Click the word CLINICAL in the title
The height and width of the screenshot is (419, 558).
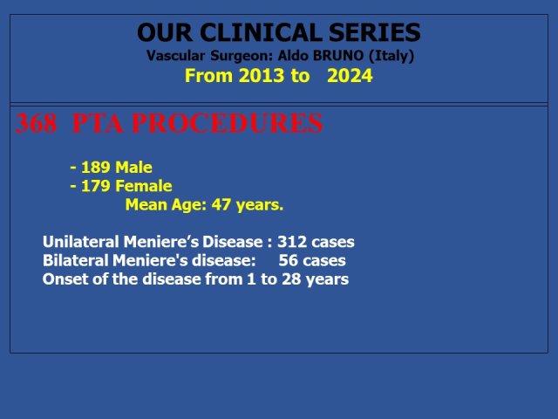pos(262,32)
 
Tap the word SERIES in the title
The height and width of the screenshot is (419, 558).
pos(375,32)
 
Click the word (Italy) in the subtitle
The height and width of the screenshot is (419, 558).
pos(391,56)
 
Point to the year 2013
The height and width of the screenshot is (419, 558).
pos(262,76)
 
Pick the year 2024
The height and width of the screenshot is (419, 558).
pos(350,76)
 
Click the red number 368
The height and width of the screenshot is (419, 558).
pos(36,123)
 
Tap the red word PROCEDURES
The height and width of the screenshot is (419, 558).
pos(227,123)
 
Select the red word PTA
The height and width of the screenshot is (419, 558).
pos(98,123)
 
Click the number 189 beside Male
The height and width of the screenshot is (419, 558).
pos(95,168)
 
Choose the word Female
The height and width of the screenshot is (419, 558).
pos(144,186)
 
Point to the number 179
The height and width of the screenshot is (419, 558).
pos(95,186)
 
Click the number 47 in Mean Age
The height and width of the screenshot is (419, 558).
pos(221,205)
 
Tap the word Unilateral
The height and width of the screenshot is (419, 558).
pos(81,242)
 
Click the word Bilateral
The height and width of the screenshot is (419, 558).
pos(76,260)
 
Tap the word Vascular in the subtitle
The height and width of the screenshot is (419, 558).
pos(175,56)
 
